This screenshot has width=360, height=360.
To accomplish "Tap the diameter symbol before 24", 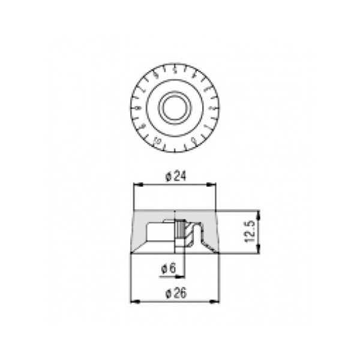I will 169,176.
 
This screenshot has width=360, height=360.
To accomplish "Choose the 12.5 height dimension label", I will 251,230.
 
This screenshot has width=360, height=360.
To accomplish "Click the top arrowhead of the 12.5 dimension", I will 259,212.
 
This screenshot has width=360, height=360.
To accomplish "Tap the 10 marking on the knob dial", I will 157,142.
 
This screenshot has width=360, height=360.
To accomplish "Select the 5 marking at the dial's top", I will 174,68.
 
